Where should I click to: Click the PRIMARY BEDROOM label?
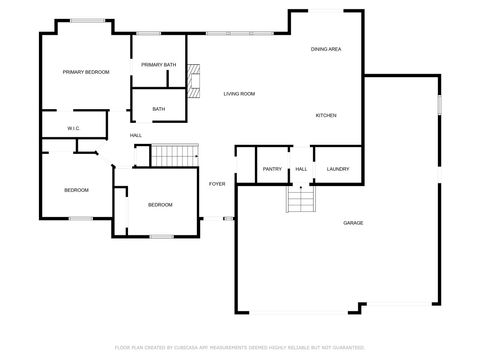pyautogui.click(x=85, y=72)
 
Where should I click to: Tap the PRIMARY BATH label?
pyautogui.click(x=158, y=65)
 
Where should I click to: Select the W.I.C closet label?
pyautogui.click(x=73, y=128)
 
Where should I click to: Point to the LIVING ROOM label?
pyautogui.click(x=239, y=93)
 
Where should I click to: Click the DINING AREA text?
pyautogui.click(x=326, y=49)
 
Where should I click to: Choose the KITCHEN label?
pyautogui.click(x=326, y=115)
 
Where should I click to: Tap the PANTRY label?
pyautogui.click(x=272, y=169)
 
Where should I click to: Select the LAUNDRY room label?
pyautogui.click(x=338, y=169)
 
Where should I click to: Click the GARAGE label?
pyautogui.click(x=353, y=222)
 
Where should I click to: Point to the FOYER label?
pyautogui.click(x=216, y=184)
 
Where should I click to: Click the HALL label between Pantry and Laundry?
pyautogui.click(x=301, y=169)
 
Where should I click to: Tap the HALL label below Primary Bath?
pyautogui.click(x=135, y=135)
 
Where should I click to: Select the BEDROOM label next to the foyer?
pyautogui.click(x=160, y=205)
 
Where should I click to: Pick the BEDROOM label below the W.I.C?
pyautogui.click(x=76, y=190)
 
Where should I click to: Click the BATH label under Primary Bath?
pyautogui.click(x=159, y=109)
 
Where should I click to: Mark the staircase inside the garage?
pyautogui.click(x=301, y=200)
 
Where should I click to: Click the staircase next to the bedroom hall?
pyautogui.click(x=174, y=155)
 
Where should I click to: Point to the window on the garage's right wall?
pyautogui.click(x=438, y=104)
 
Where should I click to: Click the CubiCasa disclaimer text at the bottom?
pyautogui.click(x=240, y=347)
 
